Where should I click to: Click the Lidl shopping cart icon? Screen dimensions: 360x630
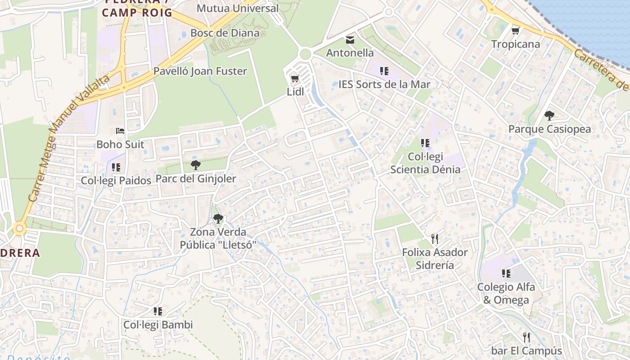tap(295, 79)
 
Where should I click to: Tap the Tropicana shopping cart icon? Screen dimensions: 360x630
tap(515, 31)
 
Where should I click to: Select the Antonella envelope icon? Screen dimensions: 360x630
tap(350, 40)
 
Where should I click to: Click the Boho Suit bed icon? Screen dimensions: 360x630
tap(120, 131)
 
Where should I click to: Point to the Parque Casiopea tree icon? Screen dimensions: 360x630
tap(549, 116)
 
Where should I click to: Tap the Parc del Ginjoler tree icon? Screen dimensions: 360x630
tap(195, 165)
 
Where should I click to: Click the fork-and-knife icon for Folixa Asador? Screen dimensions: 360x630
tap(434, 239)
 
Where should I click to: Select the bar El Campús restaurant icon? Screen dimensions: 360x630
tap(526, 337)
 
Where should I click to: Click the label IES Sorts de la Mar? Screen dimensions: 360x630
tap(384, 85)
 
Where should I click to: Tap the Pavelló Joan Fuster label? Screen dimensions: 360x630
tap(200, 71)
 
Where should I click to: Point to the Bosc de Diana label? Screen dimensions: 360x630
tap(225, 33)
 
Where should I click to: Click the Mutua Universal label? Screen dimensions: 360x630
tap(238, 8)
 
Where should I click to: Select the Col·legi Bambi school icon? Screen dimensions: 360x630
tap(157, 311)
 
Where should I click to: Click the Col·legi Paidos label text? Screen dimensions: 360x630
tap(116, 180)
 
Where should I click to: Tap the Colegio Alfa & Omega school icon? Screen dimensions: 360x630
tap(506, 274)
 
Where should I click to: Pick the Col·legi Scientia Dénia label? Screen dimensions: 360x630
tap(425, 163)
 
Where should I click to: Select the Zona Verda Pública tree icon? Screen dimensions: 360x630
tap(218, 219)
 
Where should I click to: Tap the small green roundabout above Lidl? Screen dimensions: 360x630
tap(305, 54)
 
